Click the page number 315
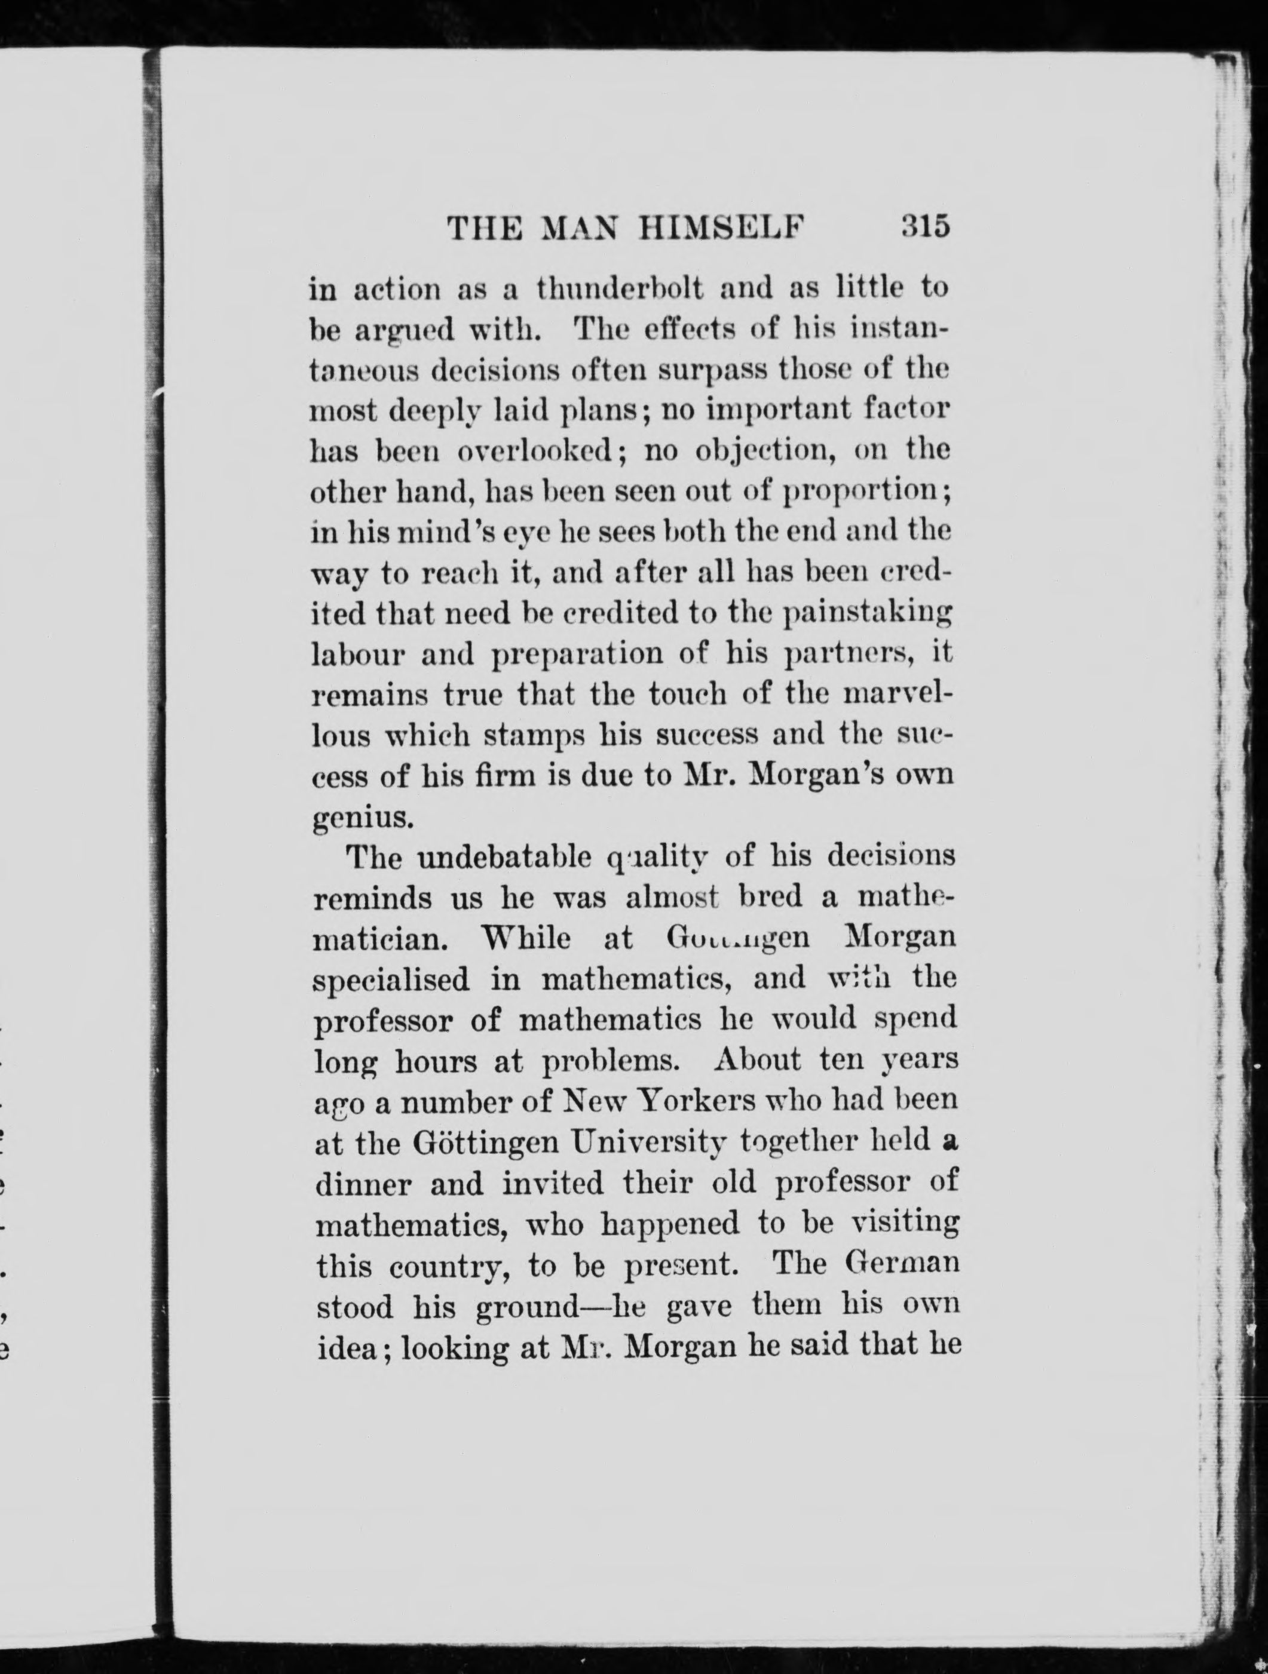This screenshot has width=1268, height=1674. (x=925, y=227)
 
